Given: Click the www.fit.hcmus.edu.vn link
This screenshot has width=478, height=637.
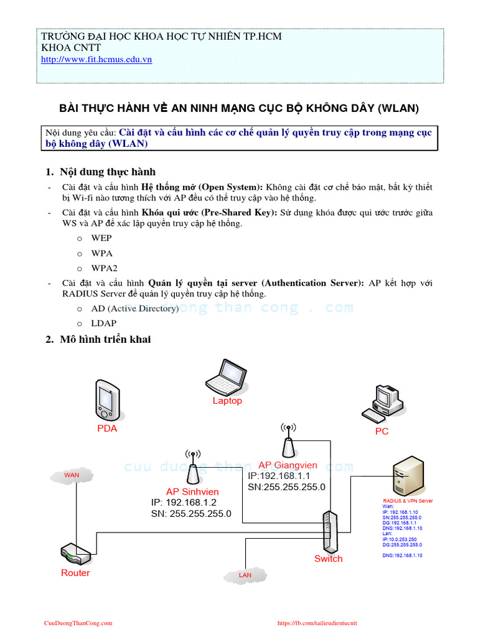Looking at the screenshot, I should (x=96, y=60).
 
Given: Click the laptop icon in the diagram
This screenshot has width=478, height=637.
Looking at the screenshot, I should (x=226, y=376).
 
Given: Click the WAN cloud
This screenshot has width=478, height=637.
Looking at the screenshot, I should (x=72, y=475).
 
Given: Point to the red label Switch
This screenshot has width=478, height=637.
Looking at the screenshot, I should (x=328, y=559).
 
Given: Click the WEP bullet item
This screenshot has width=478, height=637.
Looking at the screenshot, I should (x=101, y=238).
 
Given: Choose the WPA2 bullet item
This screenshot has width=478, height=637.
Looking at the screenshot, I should (x=104, y=268).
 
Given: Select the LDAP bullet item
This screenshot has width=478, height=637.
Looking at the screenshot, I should (x=103, y=323).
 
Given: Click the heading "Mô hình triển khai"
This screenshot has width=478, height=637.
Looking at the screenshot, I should (x=105, y=340).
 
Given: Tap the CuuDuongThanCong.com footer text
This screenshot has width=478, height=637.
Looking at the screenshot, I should (x=78, y=623).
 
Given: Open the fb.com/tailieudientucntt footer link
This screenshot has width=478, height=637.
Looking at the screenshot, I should (x=317, y=623).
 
